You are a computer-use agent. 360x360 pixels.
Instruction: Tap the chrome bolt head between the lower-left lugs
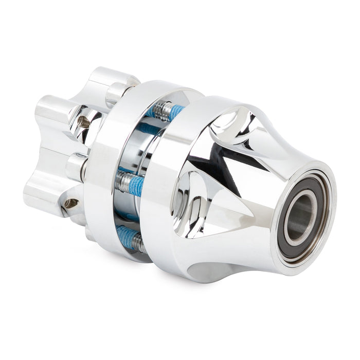point(77,167)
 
